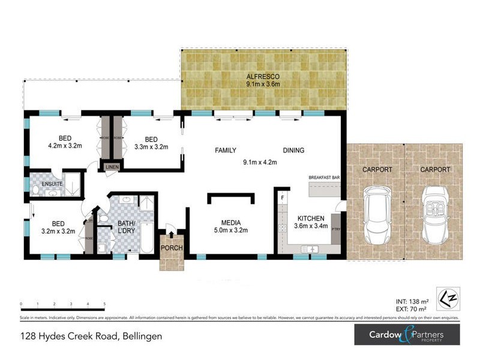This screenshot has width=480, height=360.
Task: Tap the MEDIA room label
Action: click(x=231, y=220)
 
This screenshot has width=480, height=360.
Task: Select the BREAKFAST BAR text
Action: click(x=324, y=178)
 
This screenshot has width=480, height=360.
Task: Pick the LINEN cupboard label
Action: click(x=112, y=167)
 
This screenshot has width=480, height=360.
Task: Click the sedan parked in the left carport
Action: click(x=377, y=217)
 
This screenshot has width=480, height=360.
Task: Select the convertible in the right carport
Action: click(x=436, y=216)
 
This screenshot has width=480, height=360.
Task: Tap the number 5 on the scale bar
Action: click(x=104, y=304)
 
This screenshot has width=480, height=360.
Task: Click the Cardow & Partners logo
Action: click(x=407, y=335)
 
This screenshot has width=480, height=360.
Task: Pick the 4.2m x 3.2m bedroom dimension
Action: click(x=65, y=145)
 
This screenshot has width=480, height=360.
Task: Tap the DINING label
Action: click(x=293, y=151)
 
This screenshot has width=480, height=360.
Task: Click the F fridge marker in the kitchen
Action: click(x=281, y=196)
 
